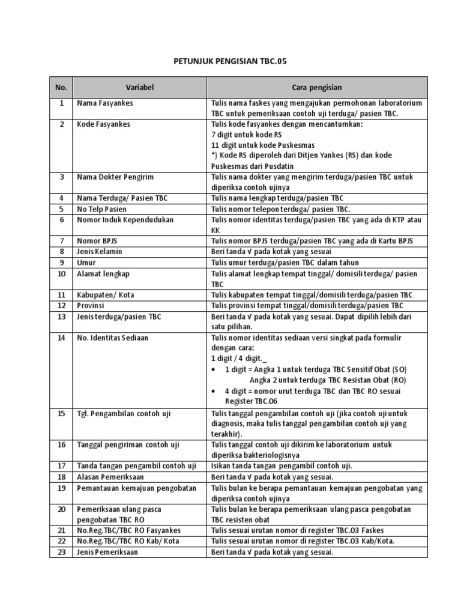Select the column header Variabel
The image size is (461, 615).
point(140,88)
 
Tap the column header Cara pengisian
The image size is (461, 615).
point(317,88)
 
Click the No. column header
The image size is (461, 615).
point(61,88)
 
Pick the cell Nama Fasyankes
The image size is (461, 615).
point(105,103)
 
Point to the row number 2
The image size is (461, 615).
point(61,124)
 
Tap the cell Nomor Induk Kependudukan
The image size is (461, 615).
point(125,220)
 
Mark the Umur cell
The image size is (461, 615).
point(86,262)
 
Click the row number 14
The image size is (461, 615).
point(61,338)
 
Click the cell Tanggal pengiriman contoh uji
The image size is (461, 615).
point(128,445)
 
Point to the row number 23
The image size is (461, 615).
point(61,552)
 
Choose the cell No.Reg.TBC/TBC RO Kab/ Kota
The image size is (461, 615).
point(128,541)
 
